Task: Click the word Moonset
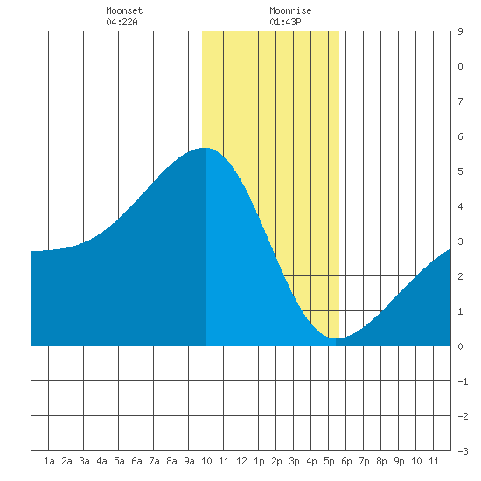click(x=124, y=10)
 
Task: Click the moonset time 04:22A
click(x=122, y=22)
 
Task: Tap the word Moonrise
click(x=290, y=10)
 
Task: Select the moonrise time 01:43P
click(x=285, y=22)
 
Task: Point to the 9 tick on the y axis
click(x=460, y=31)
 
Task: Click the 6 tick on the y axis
click(x=460, y=136)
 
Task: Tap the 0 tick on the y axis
click(x=460, y=346)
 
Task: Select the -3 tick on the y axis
click(x=463, y=451)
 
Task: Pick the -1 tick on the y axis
click(x=463, y=381)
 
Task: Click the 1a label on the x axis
click(x=49, y=461)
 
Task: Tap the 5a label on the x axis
click(x=119, y=461)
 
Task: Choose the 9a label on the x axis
click(x=189, y=461)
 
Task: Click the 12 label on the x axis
click(x=241, y=461)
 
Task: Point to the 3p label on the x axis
click(x=294, y=461)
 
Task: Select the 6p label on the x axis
click(x=346, y=461)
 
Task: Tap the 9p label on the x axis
click(x=399, y=461)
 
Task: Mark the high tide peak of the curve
click(x=205, y=148)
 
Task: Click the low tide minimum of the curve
click(x=336, y=338)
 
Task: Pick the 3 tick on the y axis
click(x=460, y=241)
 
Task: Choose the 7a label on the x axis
click(x=154, y=461)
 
